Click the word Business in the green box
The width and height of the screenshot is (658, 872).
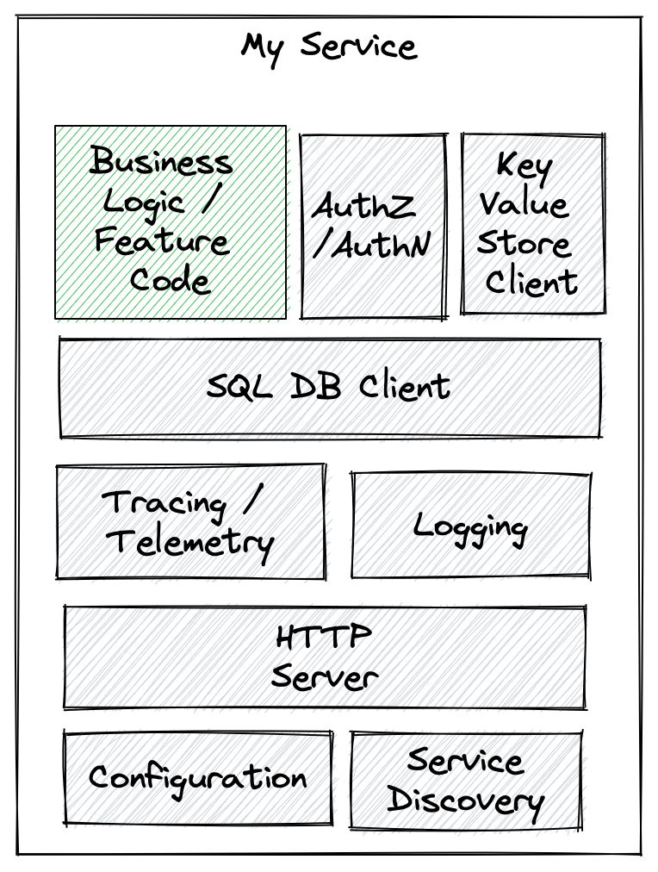161,161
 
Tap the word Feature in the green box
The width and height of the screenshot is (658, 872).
161,240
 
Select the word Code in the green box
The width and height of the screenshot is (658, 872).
170,280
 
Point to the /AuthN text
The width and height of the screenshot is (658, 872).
371,246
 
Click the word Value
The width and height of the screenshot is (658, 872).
524,204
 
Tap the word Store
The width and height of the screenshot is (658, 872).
524,243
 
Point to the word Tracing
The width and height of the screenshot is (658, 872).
164,503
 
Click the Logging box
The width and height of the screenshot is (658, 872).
470,525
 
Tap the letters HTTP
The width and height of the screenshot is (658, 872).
324,638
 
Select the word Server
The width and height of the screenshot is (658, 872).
324,676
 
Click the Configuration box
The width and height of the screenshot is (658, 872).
197,778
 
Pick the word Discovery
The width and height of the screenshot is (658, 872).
465,801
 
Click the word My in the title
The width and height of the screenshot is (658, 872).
263,47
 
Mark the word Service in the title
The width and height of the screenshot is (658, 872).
358,45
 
